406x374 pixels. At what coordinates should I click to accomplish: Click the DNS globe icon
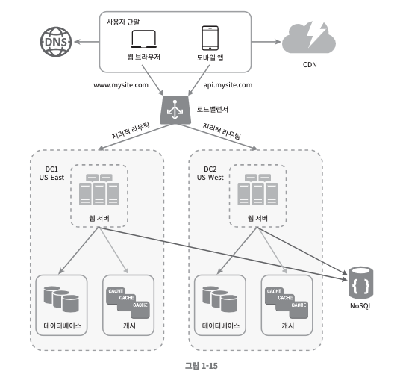pos(56,42)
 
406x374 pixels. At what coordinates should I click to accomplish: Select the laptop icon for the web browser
pos(144,39)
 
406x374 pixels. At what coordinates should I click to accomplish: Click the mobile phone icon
pos(210,38)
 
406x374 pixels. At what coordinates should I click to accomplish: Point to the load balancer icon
pos(175,110)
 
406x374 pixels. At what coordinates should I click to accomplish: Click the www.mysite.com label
pos(121,85)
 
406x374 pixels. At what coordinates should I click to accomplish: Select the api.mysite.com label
pos(228,85)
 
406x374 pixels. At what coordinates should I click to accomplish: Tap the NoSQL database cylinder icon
pos(361,284)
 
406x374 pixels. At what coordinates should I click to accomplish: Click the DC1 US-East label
pos(51,173)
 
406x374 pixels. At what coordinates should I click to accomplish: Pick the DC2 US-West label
pos(210,173)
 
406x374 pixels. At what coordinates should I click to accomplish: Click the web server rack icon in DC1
pos(99,190)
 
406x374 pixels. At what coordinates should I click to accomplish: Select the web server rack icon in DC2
pos(258,190)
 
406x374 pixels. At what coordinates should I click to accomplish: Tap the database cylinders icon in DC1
pos(61,299)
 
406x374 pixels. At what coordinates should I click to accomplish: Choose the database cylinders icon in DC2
pos(220,299)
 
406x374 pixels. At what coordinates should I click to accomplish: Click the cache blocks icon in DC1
pos(128,303)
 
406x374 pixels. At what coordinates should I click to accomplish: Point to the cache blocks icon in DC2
pos(287,303)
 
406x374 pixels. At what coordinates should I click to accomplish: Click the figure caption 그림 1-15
pos(202,366)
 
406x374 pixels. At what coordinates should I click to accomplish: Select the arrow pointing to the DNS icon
pos(87,42)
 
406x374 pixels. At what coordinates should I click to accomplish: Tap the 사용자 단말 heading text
pos(123,22)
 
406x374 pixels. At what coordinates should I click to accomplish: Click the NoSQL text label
pos(361,306)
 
